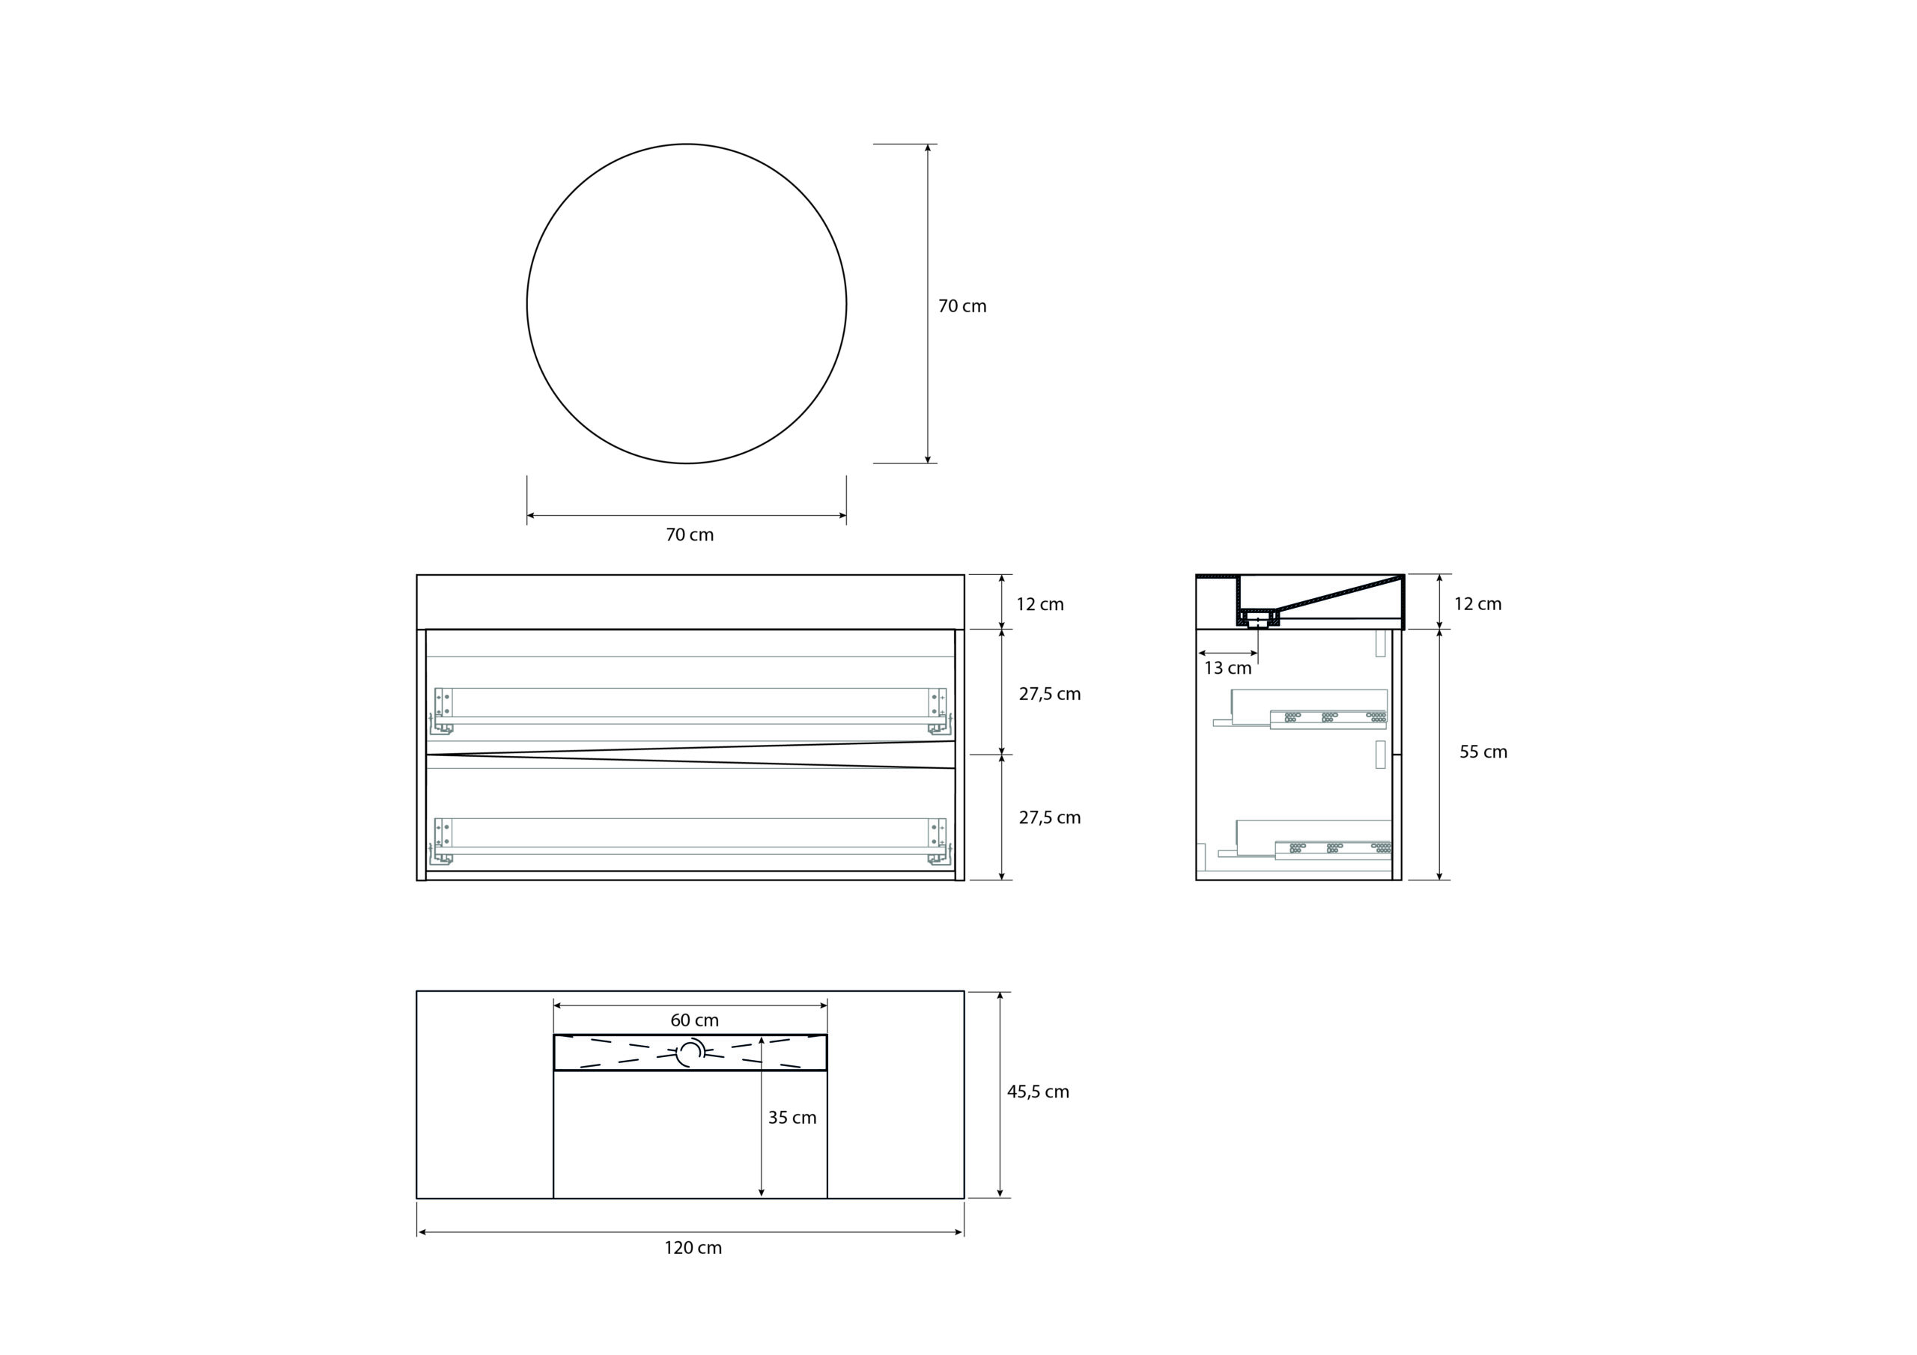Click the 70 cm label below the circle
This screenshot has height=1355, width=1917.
(690, 535)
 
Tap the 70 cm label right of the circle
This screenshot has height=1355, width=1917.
(961, 306)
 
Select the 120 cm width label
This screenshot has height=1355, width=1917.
(693, 1248)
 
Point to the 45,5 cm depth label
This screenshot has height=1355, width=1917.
(1038, 1092)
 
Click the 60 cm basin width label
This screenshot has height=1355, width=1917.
(695, 1020)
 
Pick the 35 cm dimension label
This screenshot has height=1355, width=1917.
(792, 1118)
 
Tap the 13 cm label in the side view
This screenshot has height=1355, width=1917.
(1227, 669)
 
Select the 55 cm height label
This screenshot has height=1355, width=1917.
(1483, 752)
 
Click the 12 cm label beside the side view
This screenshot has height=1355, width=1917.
(1478, 604)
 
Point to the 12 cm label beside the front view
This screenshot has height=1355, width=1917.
(1040, 604)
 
